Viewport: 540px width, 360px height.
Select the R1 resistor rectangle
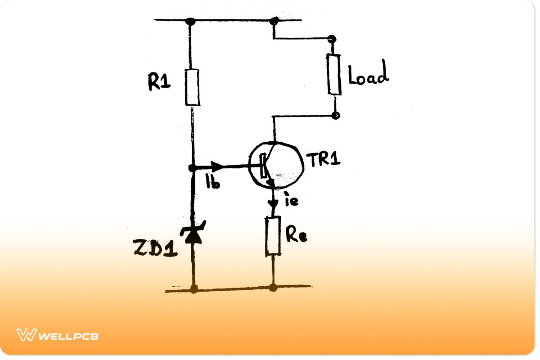tap(192, 87)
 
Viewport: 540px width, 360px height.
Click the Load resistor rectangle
tap(334, 75)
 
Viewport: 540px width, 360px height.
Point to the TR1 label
tap(323, 160)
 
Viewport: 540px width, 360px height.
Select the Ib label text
tap(212, 181)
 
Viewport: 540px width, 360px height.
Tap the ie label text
tap(291, 201)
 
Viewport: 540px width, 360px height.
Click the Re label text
tap(296, 235)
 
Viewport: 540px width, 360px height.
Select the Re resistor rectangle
tap(273, 235)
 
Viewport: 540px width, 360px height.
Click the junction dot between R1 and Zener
tap(192, 168)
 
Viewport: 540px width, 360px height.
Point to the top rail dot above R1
tap(190, 21)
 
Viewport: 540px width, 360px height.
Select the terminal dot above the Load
tap(332, 39)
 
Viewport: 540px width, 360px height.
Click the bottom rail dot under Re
tap(273, 288)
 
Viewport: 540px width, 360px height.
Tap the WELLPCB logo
tap(58, 335)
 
